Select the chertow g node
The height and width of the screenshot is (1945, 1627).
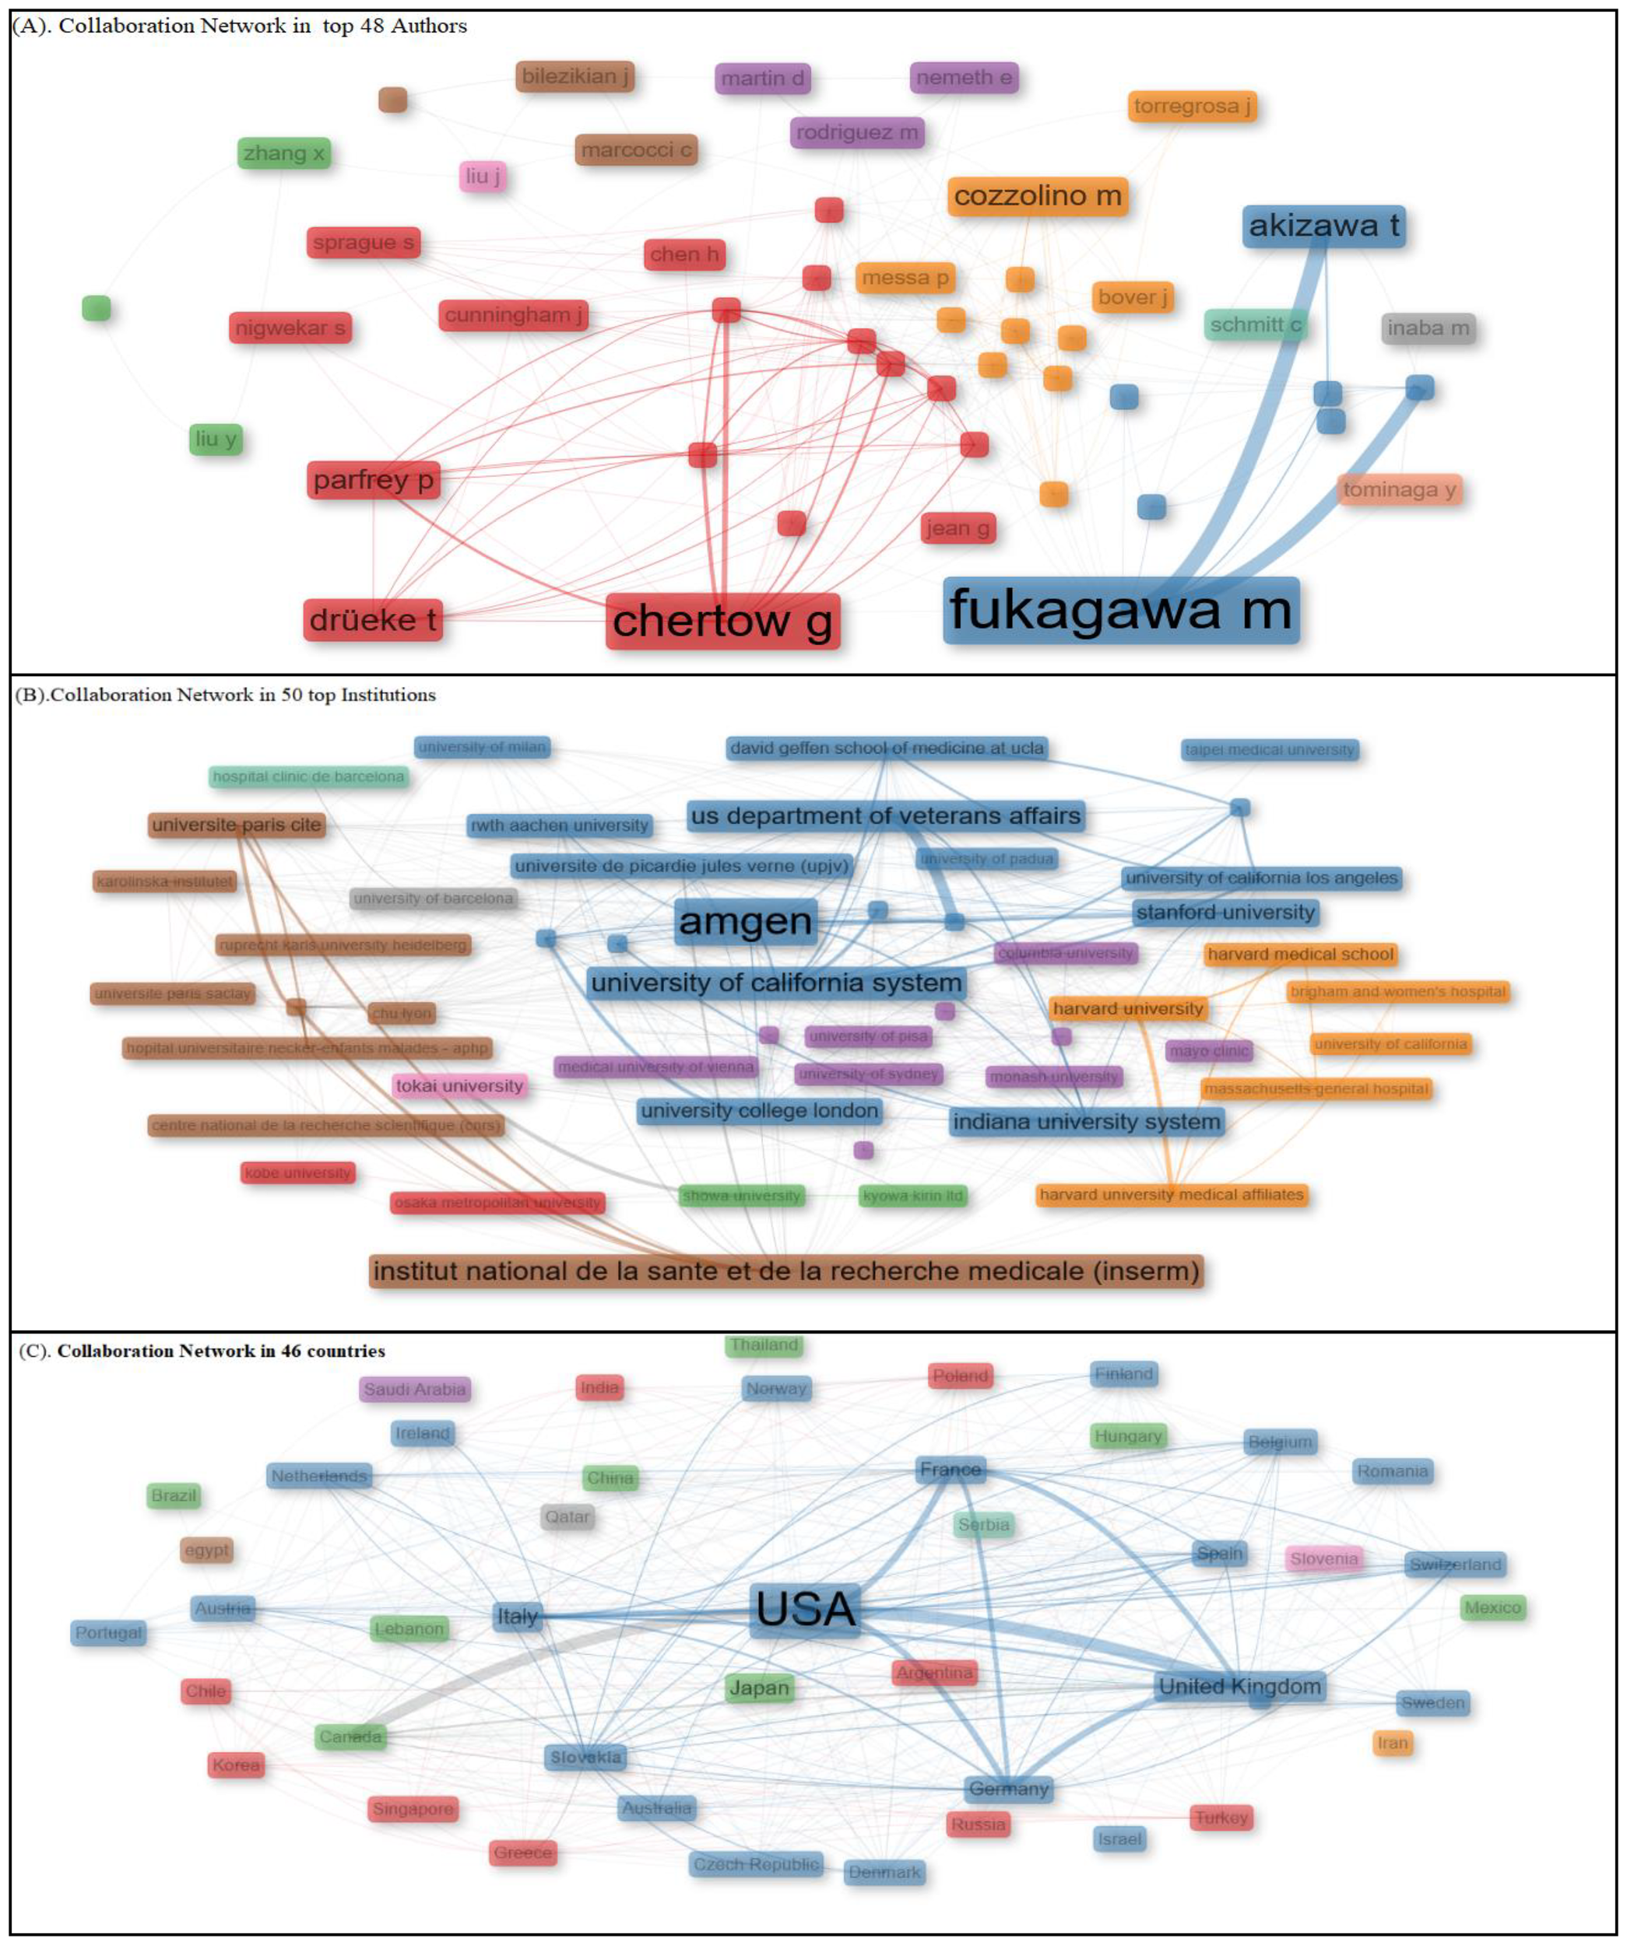(x=722, y=622)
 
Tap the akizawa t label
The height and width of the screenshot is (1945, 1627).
(x=1323, y=226)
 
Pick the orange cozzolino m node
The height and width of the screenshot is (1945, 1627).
(x=1037, y=196)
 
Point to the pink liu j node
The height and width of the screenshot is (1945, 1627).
(x=483, y=176)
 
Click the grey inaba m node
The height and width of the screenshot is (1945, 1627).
(x=1428, y=328)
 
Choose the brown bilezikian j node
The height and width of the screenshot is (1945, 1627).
(x=575, y=77)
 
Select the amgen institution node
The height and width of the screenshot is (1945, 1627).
(x=745, y=922)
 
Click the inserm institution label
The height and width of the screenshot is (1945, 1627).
(x=785, y=1270)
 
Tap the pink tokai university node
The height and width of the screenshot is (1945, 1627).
(x=459, y=1085)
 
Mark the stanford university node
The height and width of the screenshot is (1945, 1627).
(x=1225, y=913)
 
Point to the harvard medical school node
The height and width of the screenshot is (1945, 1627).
(x=1300, y=954)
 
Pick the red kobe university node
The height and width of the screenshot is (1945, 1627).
(x=297, y=1172)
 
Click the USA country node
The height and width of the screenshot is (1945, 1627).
(x=805, y=1609)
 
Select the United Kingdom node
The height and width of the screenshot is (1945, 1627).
(x=1239, y=1687)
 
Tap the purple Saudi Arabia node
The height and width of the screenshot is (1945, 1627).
(x=414, y=1390)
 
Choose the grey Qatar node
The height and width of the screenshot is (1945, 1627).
(x=567, y=1516)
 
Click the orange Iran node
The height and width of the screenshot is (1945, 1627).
(x=1392, y=1743)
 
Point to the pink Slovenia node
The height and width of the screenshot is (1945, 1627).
(x=1323, y=1559)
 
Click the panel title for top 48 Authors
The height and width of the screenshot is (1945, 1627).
(x=239, y=26)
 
